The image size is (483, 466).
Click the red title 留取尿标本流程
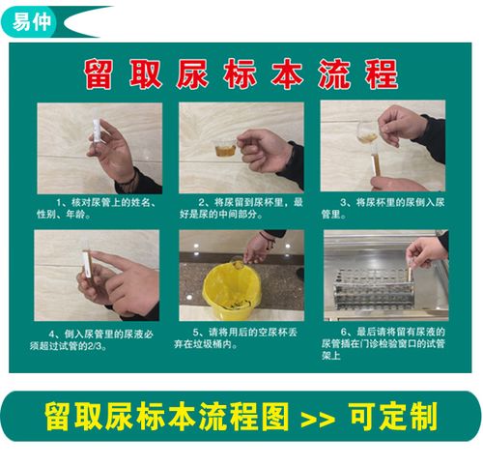[241, 73]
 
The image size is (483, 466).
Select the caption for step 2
[241, 207]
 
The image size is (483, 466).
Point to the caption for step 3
[383, 207]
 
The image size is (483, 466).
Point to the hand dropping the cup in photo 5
[257, 248]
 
